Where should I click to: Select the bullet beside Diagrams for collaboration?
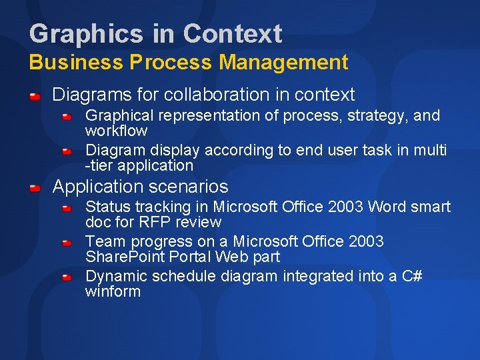[35, 97]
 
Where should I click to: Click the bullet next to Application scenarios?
[35, 189]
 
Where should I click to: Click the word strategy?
[365, 115]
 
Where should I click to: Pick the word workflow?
[116, 131]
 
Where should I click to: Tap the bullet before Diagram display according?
[67, 152]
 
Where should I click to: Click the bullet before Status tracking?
[67, 209]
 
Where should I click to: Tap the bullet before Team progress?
[67, 243]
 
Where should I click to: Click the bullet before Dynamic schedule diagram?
[67, 278]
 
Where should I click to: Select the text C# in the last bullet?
[411, 276]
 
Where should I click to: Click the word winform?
[113, 291]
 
